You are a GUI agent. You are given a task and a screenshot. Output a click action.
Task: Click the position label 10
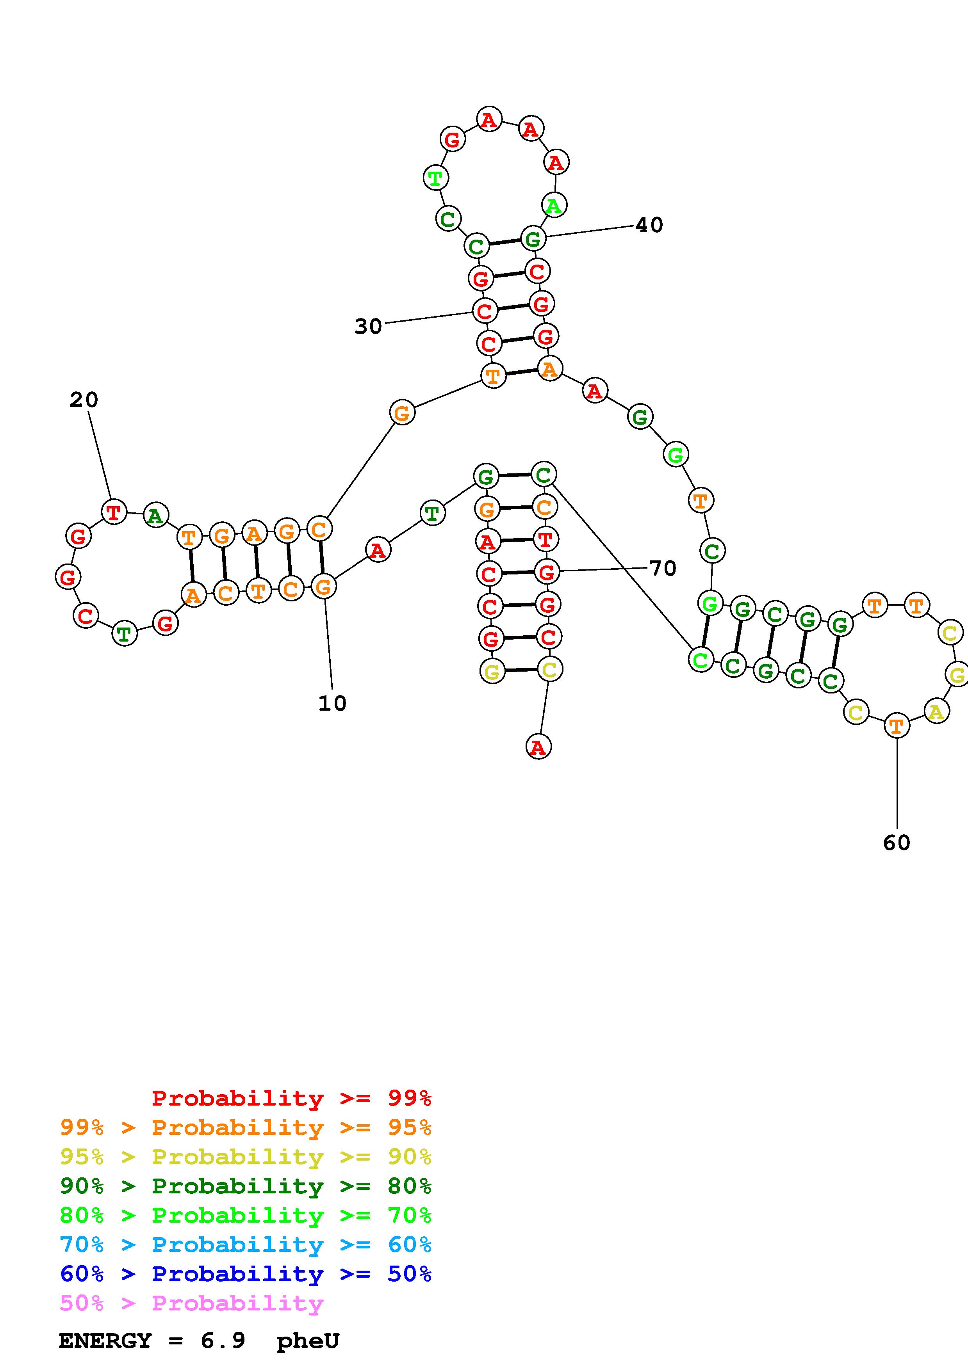(x=332, y=704)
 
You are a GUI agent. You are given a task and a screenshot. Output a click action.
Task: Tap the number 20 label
(x=84, y=400)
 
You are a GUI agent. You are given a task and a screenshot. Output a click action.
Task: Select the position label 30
(x=368, y=327)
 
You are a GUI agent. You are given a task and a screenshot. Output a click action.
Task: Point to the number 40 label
(x=649, y=226)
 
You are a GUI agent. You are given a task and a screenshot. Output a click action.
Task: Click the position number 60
(x=897, y=843)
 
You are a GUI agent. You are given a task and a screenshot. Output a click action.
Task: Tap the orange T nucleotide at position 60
(x=897, y=725)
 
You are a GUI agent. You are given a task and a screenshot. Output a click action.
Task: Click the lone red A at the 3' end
(x=538, y=747)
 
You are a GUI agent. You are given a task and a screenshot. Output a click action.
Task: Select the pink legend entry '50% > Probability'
(x=191, y=1303)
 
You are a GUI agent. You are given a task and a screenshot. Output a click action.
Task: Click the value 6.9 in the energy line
(x=223, y=1341)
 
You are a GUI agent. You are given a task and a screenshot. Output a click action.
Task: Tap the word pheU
(x=308, y=1341)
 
